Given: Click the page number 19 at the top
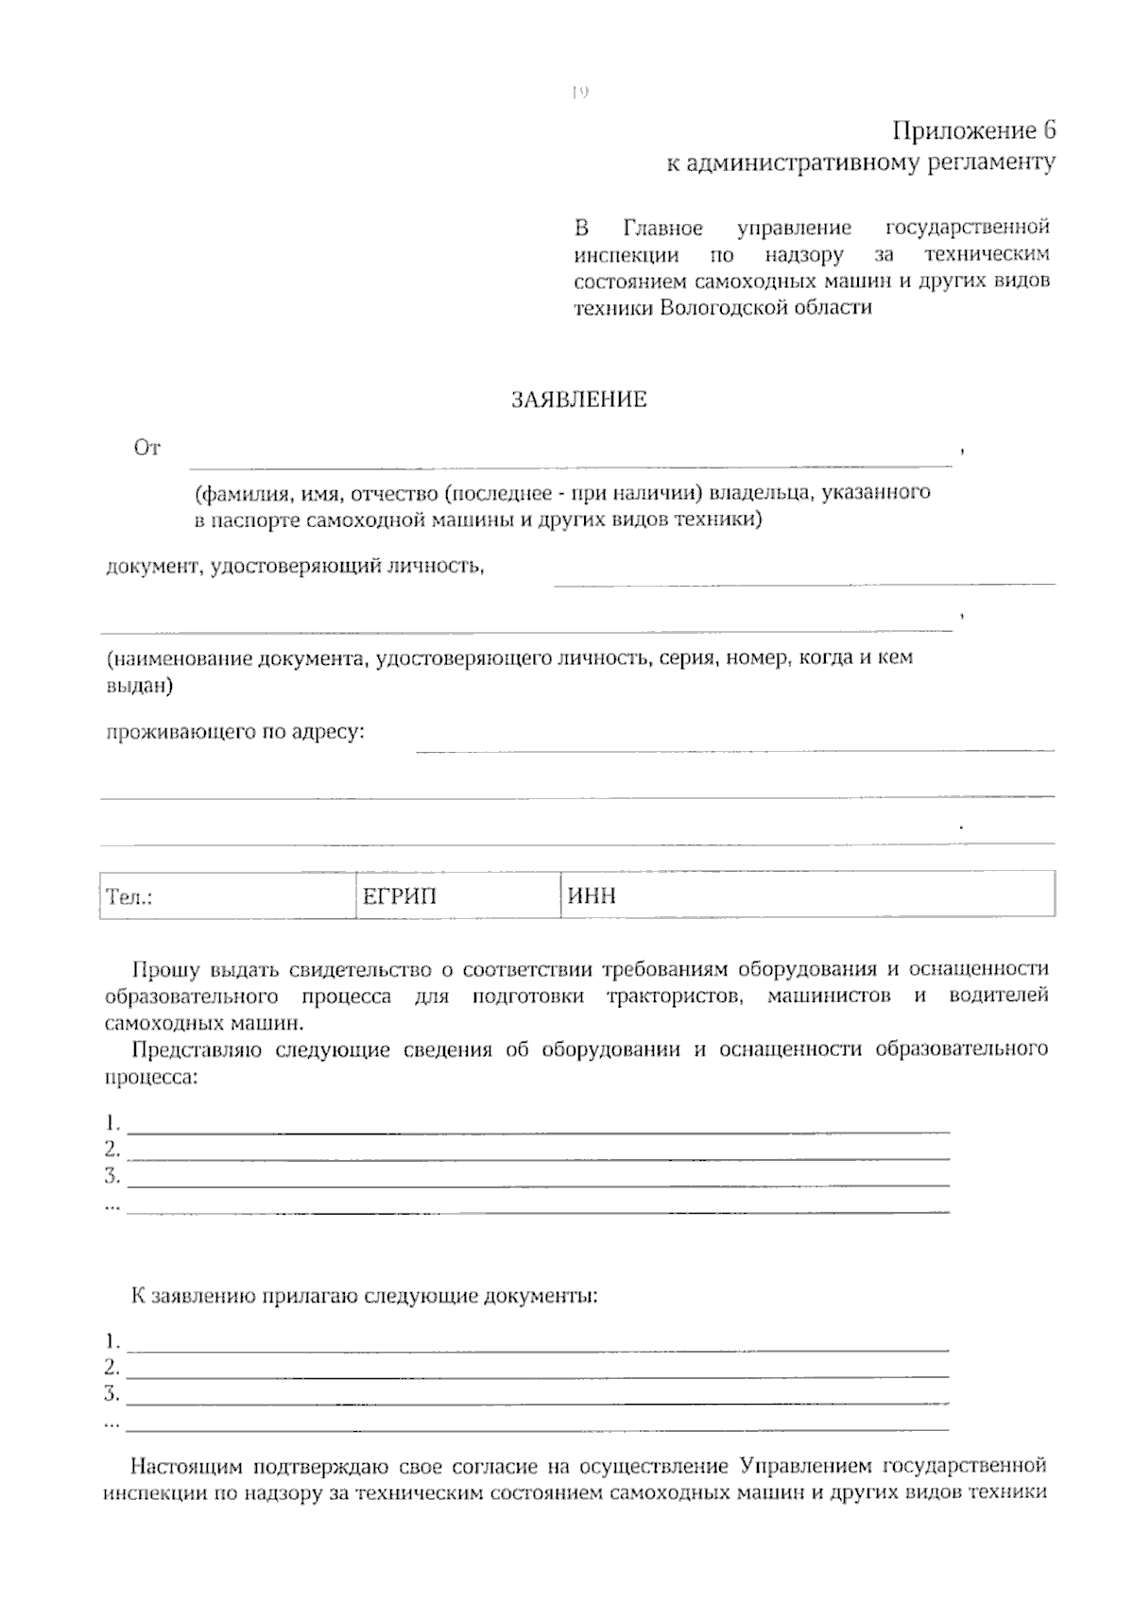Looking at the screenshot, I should click(x=580, y=92).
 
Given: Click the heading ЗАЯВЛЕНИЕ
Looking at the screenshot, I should click(x=578, y=400).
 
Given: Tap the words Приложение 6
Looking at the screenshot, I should click(x=973, y=130).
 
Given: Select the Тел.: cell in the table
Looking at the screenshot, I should click(x=227, y=895).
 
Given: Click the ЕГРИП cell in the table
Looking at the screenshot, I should click(x=457, y=895).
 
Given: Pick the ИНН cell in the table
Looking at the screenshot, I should click(x=807, y=895).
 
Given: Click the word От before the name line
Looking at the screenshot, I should click(x=146, y=448).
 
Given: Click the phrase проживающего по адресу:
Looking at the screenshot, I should click(x=234, y=732).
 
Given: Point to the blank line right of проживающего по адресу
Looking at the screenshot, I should click(x=734, y=748).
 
